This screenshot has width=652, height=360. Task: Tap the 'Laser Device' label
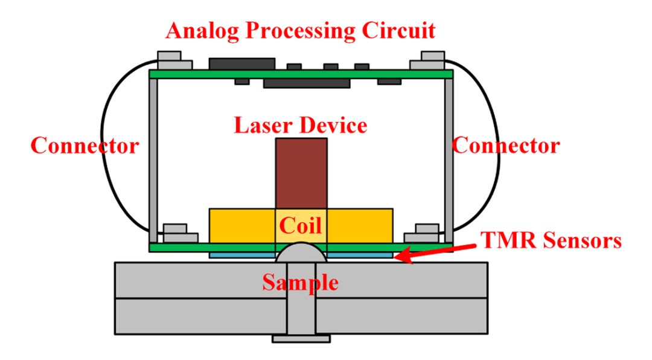[x=301, y=126]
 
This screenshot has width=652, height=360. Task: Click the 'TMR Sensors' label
[x=551, y=241]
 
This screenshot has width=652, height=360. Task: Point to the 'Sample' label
[x=300, y=281]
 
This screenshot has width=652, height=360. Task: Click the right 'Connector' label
[x=506, y=146]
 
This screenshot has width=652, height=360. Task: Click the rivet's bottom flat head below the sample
[x=301, y=339]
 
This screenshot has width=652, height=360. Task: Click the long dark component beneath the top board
[x=307, y=83]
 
